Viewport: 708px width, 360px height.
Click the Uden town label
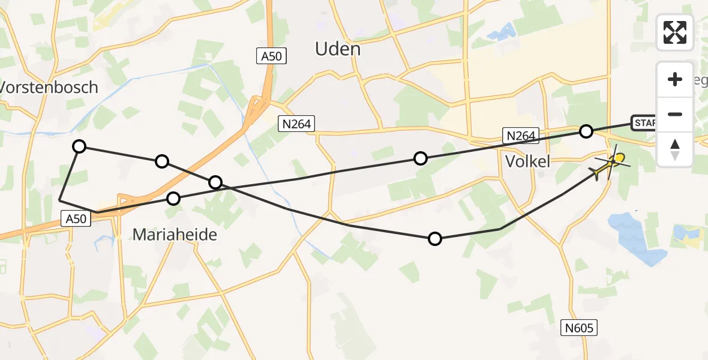click(x=338, y=49)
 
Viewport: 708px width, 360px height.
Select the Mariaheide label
click(x=175, y=235)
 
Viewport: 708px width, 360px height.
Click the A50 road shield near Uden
click(x=272, y=56)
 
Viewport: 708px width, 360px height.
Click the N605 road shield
click(x=580, y=328)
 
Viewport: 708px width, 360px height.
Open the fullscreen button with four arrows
click(x=675, y=32)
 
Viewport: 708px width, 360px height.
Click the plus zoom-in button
click(x=675, y=79)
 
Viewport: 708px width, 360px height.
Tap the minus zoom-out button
click(x=675, y=114)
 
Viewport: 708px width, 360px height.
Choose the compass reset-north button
click(x=675, y=149)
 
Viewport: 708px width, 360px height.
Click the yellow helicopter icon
click(x=610, y=164)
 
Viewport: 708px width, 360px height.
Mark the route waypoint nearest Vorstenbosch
click(x=79, y=146)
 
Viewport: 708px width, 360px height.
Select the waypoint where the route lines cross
click(x=215, y=182)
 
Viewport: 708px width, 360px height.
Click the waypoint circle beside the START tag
click(x=586, y=131)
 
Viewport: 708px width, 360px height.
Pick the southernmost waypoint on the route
click(x=435, y=239)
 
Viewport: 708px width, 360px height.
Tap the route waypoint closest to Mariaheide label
click(x=173, y=198)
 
